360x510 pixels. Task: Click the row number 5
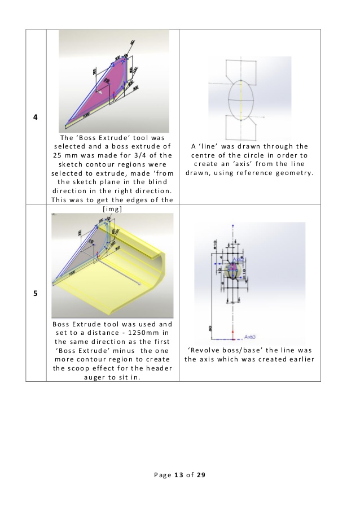coord(36,294)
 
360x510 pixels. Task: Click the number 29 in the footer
coord(201,475)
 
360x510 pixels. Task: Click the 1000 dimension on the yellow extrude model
coord(72,272)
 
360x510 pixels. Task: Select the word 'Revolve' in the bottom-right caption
coord(210,350)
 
